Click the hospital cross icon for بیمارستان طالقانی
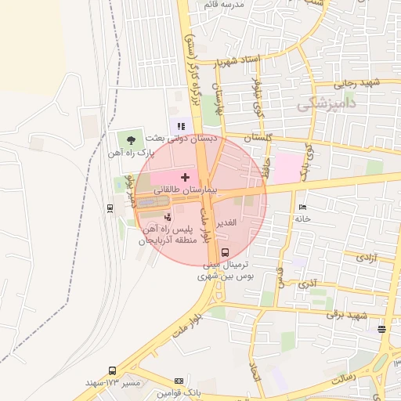(x=185, y=177)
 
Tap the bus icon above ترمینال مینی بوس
(x=226, y=252)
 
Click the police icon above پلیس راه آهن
(x=167, y=216)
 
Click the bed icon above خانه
(x=302, y=208)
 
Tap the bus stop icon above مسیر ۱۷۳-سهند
(x=112, y=370)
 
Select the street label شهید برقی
(x=348, y=316)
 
